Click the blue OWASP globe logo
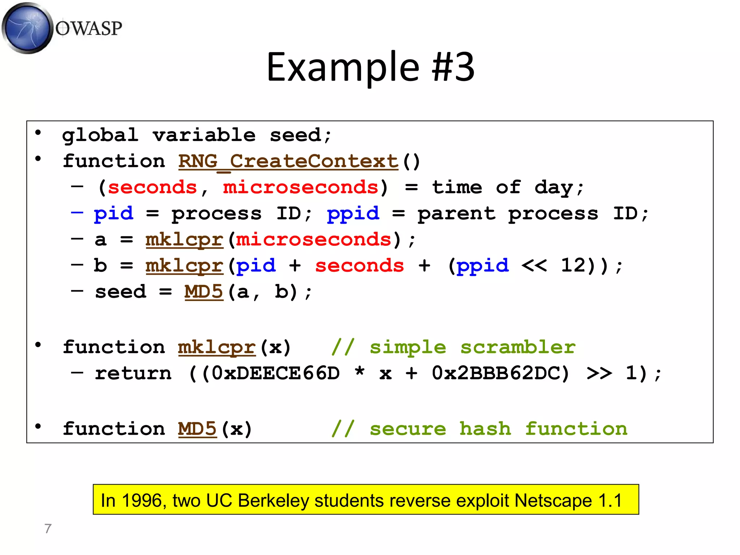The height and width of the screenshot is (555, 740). coord(27,28)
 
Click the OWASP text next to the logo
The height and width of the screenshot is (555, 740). coord(89,28)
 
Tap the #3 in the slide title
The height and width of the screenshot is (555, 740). coord(453,67)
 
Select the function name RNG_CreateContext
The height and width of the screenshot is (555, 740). coord(288,161)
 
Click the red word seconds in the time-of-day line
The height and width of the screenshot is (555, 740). coord(152,188)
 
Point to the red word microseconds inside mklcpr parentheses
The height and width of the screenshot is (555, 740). coord(313,240)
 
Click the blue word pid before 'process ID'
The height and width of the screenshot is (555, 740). coord(113,214)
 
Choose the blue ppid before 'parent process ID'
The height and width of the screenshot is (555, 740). coord(353,214)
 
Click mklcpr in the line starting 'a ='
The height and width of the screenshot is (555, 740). coord(184,240)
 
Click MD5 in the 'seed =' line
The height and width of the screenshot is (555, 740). coord(204,292)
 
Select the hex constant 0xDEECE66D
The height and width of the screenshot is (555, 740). coord(275,373)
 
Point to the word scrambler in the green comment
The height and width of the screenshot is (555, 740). coord(517,347)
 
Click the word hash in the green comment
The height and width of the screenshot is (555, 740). coord(485,429)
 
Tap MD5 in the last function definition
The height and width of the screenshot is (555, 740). coord(197,429)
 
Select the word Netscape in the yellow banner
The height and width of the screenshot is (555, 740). coord(553,501)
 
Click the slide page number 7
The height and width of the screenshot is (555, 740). coord(48,529)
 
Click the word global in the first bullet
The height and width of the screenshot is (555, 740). coord(100,135)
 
